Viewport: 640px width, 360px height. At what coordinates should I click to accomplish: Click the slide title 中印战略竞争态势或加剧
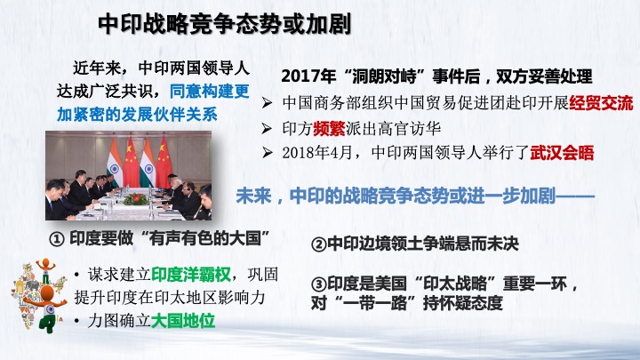[x=225, y=24]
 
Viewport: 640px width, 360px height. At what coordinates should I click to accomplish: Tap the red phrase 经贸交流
[x=601, y=103]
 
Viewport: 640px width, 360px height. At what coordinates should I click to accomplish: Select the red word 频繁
[x=329, y=129]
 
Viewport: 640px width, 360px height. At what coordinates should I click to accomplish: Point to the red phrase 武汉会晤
[x=562, y=153]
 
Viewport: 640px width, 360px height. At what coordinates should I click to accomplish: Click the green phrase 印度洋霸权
[x=191, y=275]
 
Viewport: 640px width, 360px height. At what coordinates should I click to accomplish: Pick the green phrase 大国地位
[x=183, y=321]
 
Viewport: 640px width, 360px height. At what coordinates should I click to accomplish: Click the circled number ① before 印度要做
[x=57, y=239]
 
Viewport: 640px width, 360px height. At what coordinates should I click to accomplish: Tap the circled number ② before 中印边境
[x=319, y=244]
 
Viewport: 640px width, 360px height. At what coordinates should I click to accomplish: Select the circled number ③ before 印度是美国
[x=319, y=284]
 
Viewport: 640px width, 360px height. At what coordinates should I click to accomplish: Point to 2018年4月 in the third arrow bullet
[x=316, y=153]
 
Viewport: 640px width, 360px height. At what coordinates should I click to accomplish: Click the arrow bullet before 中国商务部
[x=267, y=103]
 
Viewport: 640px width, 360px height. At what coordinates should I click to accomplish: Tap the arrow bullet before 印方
[x=267, y=129]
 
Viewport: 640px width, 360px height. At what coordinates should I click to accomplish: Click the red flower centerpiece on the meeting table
[x=135, y=199]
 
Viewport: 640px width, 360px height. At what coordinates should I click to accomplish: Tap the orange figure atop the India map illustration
[x=45, y=269]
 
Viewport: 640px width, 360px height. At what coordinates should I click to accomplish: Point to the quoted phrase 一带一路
[x=374, y=303]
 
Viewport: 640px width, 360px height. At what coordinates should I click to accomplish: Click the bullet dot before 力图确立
[x=77, y=321]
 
